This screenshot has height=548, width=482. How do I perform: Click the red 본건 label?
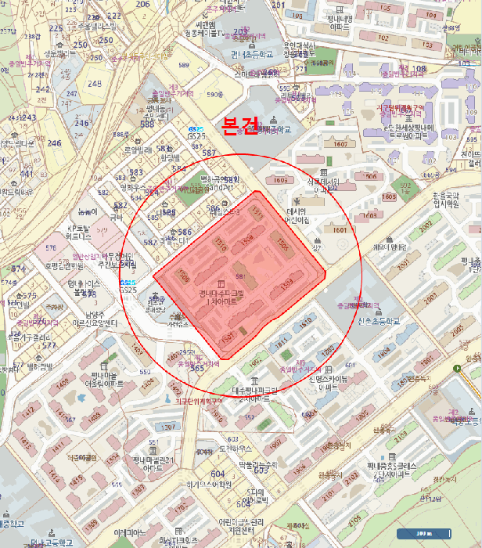[240, 126]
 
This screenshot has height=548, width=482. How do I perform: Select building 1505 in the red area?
[282, 244]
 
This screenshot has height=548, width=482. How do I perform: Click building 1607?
[339, 144]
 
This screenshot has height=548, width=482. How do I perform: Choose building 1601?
[339, 230]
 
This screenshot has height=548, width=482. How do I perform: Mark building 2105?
[354, 518]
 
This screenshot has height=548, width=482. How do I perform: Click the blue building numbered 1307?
[168, 427]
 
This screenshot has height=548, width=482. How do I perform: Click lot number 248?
[95, 83]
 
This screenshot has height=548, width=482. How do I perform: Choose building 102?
[383, 38]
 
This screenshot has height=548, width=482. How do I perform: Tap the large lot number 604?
[218, 474]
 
